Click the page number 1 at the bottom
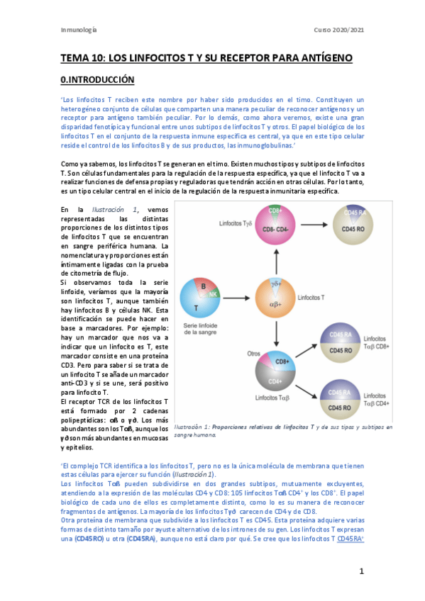pos(361,571)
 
